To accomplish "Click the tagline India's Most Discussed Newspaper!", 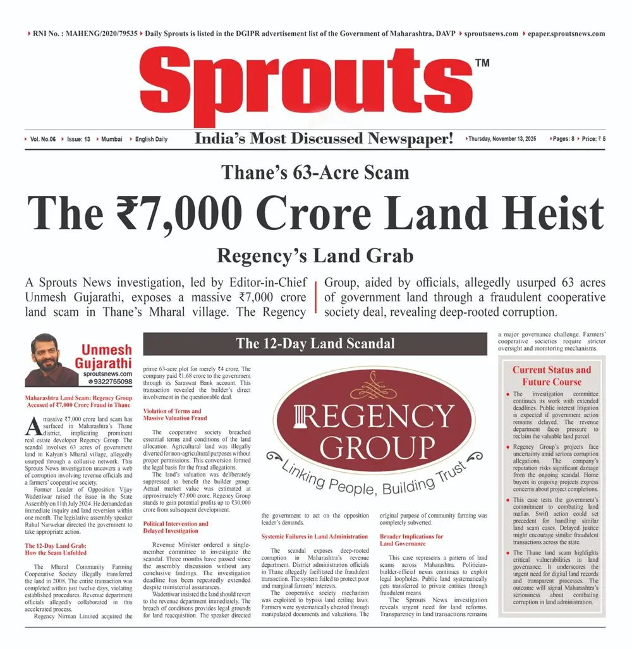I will pyautogui.click(x=324, y=138).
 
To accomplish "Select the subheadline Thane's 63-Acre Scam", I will pyautogui.click(x=315, y=173).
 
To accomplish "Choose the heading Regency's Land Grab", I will pyautogui.click(x=315, y=255).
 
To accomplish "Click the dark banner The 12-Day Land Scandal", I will pyautogui.click(x=315, y=344).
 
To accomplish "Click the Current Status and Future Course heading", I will pyautogui.click(x=551, y=375).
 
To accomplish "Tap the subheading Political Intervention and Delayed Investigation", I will pyautogui.click(x=176, y=527).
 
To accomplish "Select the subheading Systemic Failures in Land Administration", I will pyautogui.click(x=315, y=536).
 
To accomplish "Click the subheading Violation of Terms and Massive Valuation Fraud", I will pyautogui.click(x=175, y=414).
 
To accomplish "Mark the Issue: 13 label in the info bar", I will pyautogui.click(x=78, y=138).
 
